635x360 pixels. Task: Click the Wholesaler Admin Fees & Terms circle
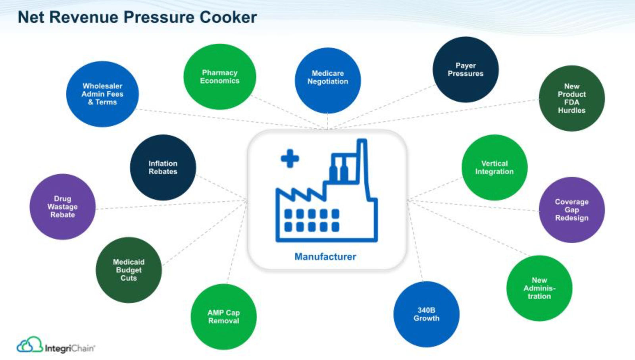[x=102, y=94]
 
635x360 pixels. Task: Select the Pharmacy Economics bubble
[x=219, y=77]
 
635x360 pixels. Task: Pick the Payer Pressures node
[x=466, y=69]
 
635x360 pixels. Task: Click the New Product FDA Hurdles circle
[x=571, y=98]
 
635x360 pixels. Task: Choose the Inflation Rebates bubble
[x=163, y=167]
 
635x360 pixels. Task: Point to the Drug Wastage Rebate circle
[x=63, y=206]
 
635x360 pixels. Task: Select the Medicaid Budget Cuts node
[x=129, y=270]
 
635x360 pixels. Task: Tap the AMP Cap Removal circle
[x=223, y=316]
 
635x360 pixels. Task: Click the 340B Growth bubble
[x=426, y=314]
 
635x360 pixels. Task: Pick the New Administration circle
[x=539, y=288]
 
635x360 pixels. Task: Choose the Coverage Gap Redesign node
[x=571, y=210]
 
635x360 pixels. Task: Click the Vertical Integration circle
[x=495, y=167]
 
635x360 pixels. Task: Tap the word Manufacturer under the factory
[x=325, y=257]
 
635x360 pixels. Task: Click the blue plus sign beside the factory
[x=290, y=158]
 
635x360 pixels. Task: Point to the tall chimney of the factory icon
[x=363, y=159]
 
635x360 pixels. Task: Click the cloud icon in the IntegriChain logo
[x=29, y=345]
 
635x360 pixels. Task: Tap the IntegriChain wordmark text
[x=70, y=348]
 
